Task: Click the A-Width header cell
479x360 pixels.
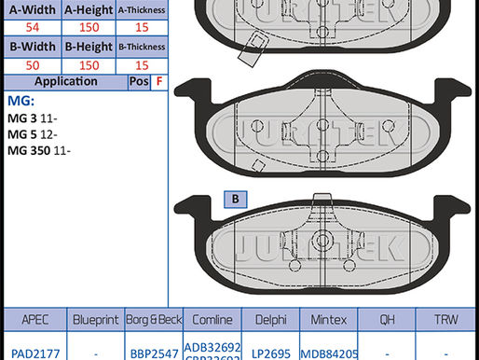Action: tap(32, 10)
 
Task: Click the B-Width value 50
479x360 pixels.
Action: tap(32, 64)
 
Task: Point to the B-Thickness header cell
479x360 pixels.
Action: tap(142, 47)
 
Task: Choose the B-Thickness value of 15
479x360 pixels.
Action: tap(142, 64)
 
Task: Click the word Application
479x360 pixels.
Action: tap(65, 81)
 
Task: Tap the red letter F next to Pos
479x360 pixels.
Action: tap(159, 81)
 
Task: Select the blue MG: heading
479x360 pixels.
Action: tap(21, 101)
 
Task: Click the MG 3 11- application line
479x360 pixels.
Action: tap(32, 118)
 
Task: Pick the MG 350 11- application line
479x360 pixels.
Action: tap(38, 150)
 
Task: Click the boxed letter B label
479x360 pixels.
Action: tap(235, 199)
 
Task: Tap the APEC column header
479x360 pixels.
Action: tap(31, 318)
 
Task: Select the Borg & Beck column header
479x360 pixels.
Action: tap(152, 318)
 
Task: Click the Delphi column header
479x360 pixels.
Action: tap(269, 318)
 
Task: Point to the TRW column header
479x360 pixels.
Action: tap(447, 318)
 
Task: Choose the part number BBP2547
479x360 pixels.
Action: tap(152, 352)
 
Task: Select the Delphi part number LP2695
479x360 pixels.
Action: tap(269, 352)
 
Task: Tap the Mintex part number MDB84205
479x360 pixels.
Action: tap(328, 352)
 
